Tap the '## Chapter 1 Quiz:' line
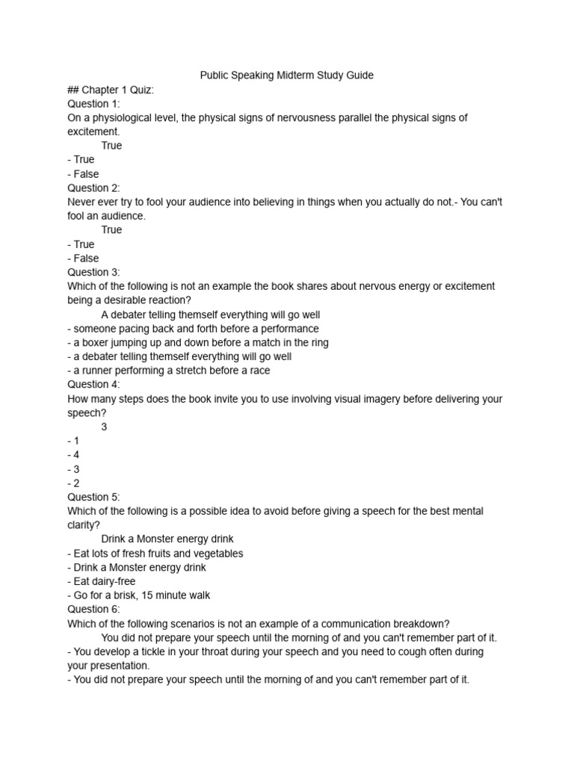tap(111, 90)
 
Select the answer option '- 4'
tap(73, 455)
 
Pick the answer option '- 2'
tap(73, 483)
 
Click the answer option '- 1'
tap(73, 441)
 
